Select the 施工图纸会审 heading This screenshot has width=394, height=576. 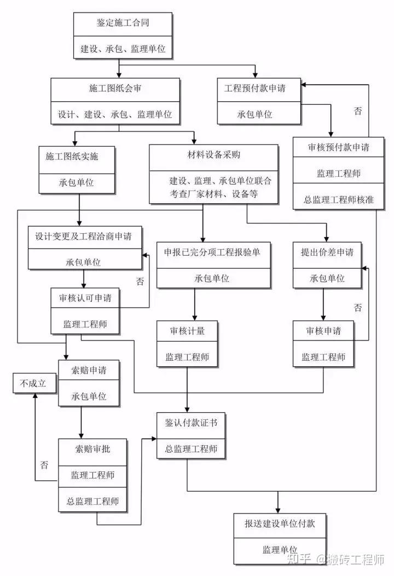(115, 88)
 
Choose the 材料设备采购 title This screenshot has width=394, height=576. (213, 155)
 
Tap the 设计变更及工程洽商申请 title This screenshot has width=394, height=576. (83, 236)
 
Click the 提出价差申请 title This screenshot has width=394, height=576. (327, 252)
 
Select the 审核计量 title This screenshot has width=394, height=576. (187, 331)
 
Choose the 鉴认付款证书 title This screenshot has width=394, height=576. (187, 423)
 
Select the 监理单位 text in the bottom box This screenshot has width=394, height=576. (279, 550)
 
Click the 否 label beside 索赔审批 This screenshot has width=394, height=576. (44, 465)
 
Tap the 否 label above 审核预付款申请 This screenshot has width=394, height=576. (358, 111)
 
